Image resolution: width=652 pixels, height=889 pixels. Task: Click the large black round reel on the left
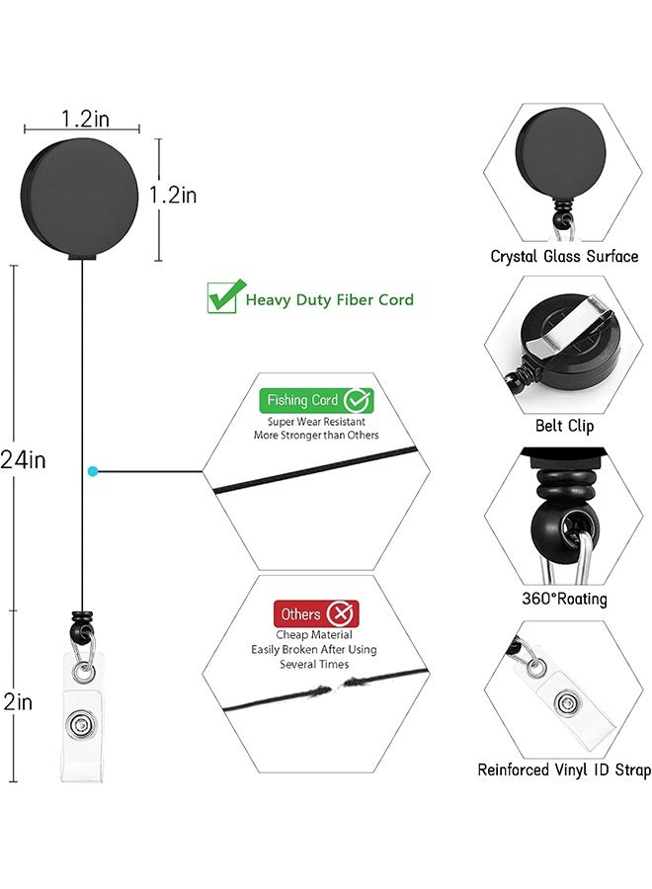(x=82, y=199)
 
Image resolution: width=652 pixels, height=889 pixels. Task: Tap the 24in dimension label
(x=24, y=459)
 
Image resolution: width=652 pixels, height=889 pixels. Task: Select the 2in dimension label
(x=19, y=702)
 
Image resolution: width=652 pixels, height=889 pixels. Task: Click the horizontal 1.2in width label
(x=85, y=119)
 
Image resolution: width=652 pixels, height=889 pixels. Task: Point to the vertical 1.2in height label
(x=173, y=195)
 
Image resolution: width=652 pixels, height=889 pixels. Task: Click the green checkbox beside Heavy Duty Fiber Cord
(x=223, y=296)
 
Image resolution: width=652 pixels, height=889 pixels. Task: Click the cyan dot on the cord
(x=92, y=472)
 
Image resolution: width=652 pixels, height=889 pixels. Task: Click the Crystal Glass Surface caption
(x=564, y=256)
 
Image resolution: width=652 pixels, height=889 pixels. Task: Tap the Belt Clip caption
(x=564, y=426)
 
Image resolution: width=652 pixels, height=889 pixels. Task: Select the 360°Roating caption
(x=564, y=599)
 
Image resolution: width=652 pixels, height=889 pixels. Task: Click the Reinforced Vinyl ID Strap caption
(x=564, y=770)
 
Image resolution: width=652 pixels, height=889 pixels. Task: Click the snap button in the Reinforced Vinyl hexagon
(x=566, y=703)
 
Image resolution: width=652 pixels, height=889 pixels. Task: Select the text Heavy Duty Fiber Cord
(x=330, y=299)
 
